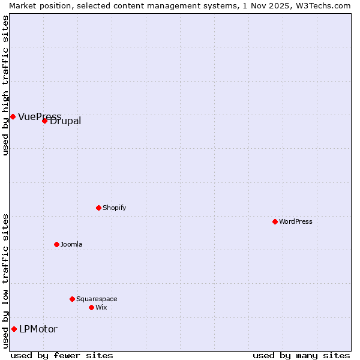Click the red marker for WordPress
click(275, 221)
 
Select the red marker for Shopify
click(98, 208)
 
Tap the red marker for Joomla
click(56, 244)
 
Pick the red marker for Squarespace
click(72, 299)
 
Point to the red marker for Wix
click(91, 307)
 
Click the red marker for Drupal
click(44, 121)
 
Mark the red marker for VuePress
click(13, 116)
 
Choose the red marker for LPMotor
click(14, 329)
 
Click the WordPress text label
click(296, 221)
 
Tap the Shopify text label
click(115, 208)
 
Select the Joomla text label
click(71, 244)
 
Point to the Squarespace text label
click(97, 299)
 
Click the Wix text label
click(101, 307)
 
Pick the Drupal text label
click(65, 121)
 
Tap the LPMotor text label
click(38, 329)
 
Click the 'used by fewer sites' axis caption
click(62, 355)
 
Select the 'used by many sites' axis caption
click(301, 355)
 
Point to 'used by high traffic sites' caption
click(5, 85)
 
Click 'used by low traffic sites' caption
click(5, 281)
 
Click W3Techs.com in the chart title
click(323, 5)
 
